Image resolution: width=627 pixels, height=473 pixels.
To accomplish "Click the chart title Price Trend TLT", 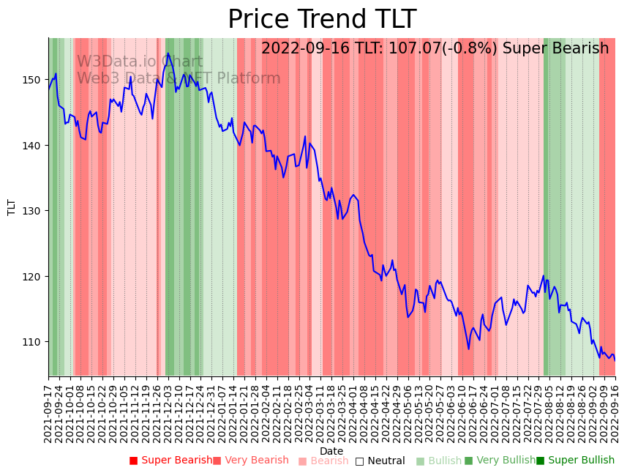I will pos(322,20).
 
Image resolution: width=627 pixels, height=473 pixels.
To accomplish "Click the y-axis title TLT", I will pos(12,207).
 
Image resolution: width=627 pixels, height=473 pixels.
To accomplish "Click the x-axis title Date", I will pos(331,451).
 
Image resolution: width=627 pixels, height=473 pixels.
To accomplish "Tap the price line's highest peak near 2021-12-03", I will pos(168,53).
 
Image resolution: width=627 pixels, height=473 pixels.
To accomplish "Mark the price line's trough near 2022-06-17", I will pos(469,349).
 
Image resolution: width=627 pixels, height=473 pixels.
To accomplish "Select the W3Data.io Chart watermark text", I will pos(140,62).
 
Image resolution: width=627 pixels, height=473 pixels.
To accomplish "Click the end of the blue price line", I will pos(615,360).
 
